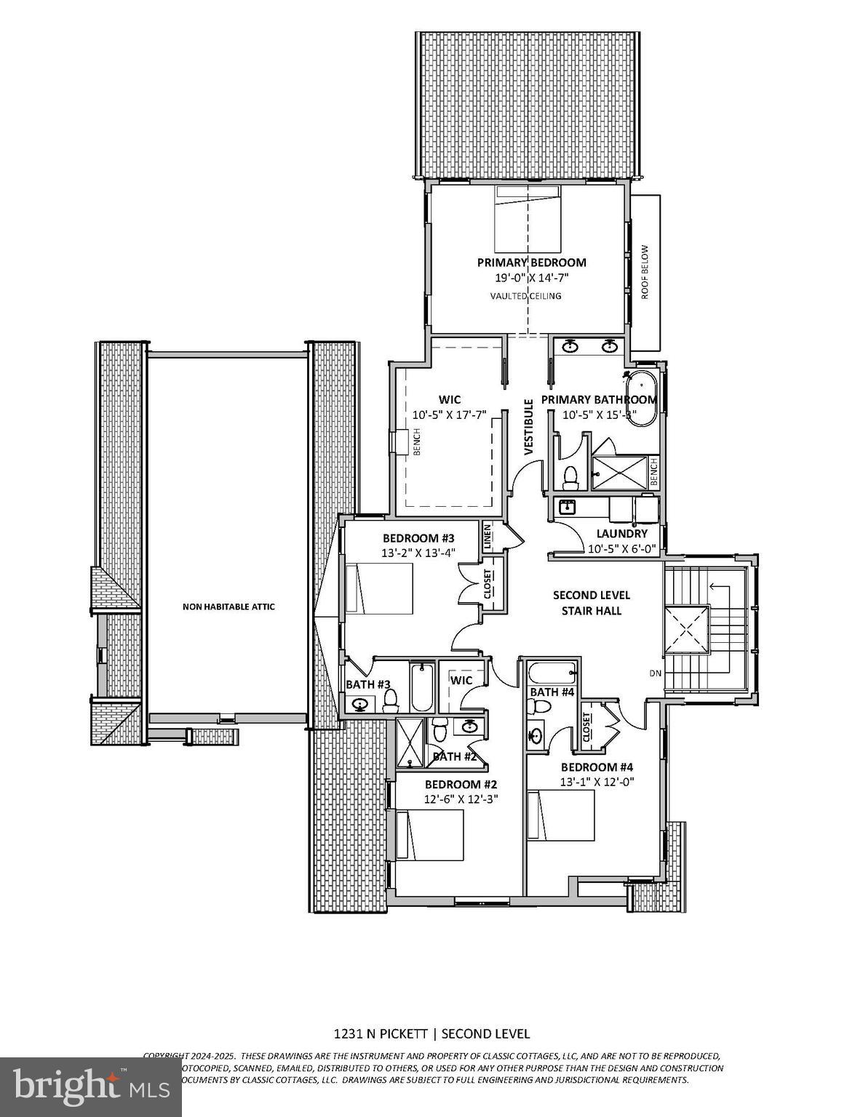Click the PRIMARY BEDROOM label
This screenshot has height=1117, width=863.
531,263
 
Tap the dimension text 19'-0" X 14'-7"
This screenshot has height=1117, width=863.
531,278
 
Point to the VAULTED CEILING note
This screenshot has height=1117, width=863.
525,296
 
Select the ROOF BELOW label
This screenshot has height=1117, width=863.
644,271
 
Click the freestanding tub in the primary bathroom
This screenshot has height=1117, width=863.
644,399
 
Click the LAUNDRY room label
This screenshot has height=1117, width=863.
621,534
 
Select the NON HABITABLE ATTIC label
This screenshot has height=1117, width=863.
228,606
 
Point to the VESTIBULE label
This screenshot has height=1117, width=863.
529,427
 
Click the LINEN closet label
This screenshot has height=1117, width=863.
487,536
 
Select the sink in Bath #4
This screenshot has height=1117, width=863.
536,736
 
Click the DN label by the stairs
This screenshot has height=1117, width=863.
655,673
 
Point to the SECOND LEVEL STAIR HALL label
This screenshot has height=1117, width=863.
591,603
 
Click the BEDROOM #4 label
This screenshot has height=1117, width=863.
597,767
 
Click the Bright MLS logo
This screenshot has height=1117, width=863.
91,1086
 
